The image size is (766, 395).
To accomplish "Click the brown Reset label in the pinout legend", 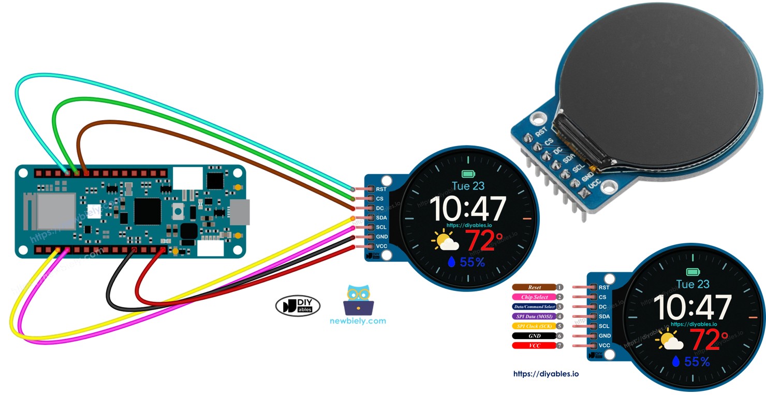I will (x=534, y=287).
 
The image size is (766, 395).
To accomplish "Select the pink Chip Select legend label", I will (x=534, y=297).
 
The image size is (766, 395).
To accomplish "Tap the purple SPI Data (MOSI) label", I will (x=534, y=316).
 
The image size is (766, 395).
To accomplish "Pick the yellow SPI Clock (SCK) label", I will (x=534, y=326).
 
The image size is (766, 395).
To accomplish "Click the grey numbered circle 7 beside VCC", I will (x=559, y=345).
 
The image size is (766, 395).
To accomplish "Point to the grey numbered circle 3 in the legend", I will (x=559, y=306).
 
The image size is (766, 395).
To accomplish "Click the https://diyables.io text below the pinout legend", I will (x=546, y=374).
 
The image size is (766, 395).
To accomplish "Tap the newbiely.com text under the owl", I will (x=358, y=320).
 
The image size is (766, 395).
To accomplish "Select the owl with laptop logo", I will (x=358, y=300).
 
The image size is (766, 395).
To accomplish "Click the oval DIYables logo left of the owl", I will (x=298, y=306).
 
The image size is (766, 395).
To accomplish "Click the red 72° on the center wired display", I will (x=483, y=240).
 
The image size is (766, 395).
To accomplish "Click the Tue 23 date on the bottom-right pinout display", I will (x=693, y=284).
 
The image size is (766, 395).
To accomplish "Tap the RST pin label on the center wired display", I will (x=381, y=189).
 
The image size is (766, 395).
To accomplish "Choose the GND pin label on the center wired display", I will (x=381, y=237).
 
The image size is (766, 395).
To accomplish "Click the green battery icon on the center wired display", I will (x=468, y=174).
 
